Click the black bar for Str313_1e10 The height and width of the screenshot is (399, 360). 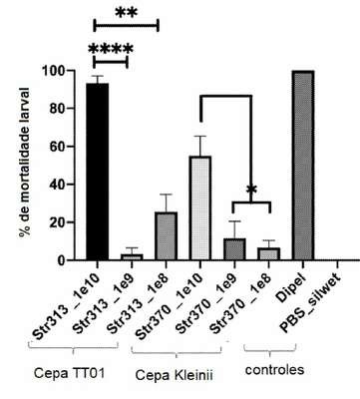tap(97, 172)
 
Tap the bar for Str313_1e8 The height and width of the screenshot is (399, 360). tap(166, 236)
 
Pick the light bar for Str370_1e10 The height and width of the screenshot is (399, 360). tap(200, 208)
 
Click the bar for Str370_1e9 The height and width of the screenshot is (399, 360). tap(234, 249)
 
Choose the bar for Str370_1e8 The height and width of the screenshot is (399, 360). tap(269, 253)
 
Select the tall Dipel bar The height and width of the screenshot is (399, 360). tap(303, 166)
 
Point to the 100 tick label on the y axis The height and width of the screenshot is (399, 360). tap(54, 71)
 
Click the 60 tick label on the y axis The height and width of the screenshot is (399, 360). tap(57, 147)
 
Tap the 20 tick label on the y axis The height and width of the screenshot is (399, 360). tap(57, 222)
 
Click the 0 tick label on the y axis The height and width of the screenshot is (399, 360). tap(61, 260)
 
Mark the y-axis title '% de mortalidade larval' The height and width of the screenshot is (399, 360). tap(24, 163)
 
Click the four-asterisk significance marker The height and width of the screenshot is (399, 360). tap(111, 50)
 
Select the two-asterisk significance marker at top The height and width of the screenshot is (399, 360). tap(127, 14)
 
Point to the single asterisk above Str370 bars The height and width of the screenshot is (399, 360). tap(251, 191)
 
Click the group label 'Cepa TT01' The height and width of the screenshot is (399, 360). tap(70, 373)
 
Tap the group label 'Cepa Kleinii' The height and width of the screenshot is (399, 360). tap(175, 375)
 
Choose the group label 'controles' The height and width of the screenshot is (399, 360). tap(274, 370)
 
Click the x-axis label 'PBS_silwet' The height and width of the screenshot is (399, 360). tap(310, 302)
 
